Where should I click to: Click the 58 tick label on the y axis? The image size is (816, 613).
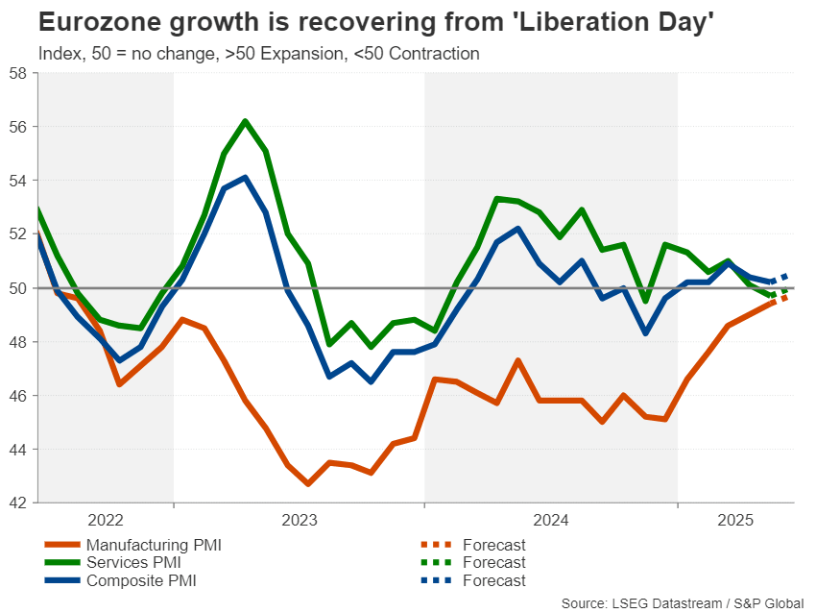pos(18,73)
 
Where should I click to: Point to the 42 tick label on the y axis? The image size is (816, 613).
pos(18,503)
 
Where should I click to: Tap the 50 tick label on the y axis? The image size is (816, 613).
pos(18,288)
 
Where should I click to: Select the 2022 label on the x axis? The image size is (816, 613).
pos(106,520)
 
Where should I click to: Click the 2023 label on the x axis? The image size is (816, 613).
pos(300,520)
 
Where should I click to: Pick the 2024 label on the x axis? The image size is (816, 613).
pos(551,520)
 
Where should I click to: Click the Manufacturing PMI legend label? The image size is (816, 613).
pos(154,545)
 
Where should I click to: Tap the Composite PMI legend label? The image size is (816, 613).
pos(143,580)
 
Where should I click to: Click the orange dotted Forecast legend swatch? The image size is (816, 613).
pos(438,545)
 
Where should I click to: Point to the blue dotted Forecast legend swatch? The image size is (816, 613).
pos(438,580)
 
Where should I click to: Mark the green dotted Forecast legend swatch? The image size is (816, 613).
pos(438,562)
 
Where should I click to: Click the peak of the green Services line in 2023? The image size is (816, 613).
pos(245,121)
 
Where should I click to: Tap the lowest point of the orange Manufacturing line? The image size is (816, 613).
pos(307,483)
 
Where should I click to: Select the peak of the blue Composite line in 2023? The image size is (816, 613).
pos(245,177)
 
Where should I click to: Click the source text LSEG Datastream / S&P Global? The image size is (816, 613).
pos(707,602)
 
